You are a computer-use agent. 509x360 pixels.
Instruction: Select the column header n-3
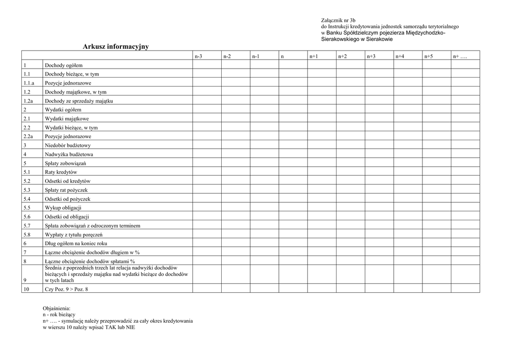[x=198, y=57]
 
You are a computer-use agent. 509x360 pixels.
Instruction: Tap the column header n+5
[x=428, y=57]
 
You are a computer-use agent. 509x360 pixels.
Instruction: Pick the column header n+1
[x=313, y=57]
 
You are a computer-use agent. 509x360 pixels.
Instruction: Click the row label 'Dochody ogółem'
[x=64, y=65]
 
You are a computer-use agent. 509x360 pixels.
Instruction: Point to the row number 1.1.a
[x=29, y=83]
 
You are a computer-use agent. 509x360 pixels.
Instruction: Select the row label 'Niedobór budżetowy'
[x=68, y=145]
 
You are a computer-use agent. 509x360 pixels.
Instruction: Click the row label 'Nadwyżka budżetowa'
[x=69, y=154]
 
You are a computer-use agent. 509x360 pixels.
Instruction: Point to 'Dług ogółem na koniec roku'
[x=76, y=243]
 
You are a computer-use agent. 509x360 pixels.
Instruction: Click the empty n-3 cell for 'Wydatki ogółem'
[x=207, y=110]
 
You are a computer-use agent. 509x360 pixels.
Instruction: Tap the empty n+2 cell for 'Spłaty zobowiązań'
[x=350, y=163]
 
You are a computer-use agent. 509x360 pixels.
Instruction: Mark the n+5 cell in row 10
[x=436, y=288]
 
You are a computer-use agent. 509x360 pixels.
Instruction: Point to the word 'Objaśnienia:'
[x=57, y=308]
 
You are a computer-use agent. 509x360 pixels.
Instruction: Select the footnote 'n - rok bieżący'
[x=59, y=315]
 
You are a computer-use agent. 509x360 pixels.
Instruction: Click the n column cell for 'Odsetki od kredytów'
[x=293, y=181]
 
